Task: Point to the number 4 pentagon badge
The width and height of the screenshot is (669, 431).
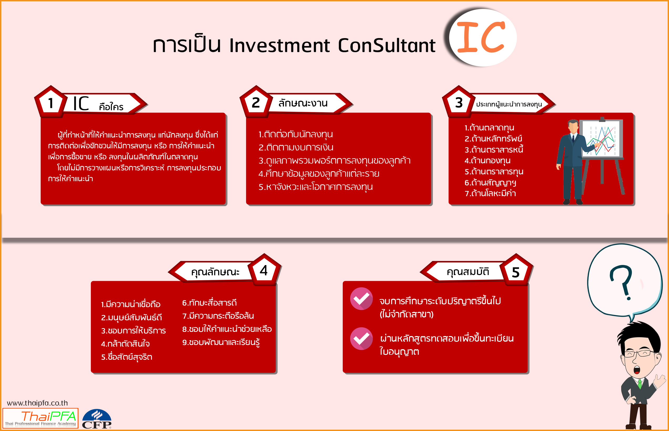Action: pyautogui.click(x=264, y=270)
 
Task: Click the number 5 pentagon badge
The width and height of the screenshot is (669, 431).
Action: pyautogui.click(x=516, y=270)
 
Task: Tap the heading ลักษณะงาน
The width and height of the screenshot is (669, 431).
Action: pyautogui.click(x=303, y=103)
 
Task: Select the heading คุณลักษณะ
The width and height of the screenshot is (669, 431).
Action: pyautogui.click(x=215, y=272)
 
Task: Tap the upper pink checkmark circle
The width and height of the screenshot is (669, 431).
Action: pyautogui.click(x=361, y=299)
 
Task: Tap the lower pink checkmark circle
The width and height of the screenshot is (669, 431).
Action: pyautogui.click(x=361, y=339)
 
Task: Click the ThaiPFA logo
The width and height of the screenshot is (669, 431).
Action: pyautogui.click(x=40, y=418)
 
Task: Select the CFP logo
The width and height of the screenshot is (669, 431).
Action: pyautogui.click(x=97, y=419)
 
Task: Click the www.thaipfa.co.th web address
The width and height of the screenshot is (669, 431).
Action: pyautogui.click(x=38, y=403)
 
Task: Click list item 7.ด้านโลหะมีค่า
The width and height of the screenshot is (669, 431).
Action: pyautogui.click(x=490, y=193)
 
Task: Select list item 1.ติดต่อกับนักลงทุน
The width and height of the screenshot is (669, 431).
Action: pyautogui.click(x=296, y=135)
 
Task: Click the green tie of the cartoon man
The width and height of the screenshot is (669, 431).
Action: pyautogui.click(x=639, y=384)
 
